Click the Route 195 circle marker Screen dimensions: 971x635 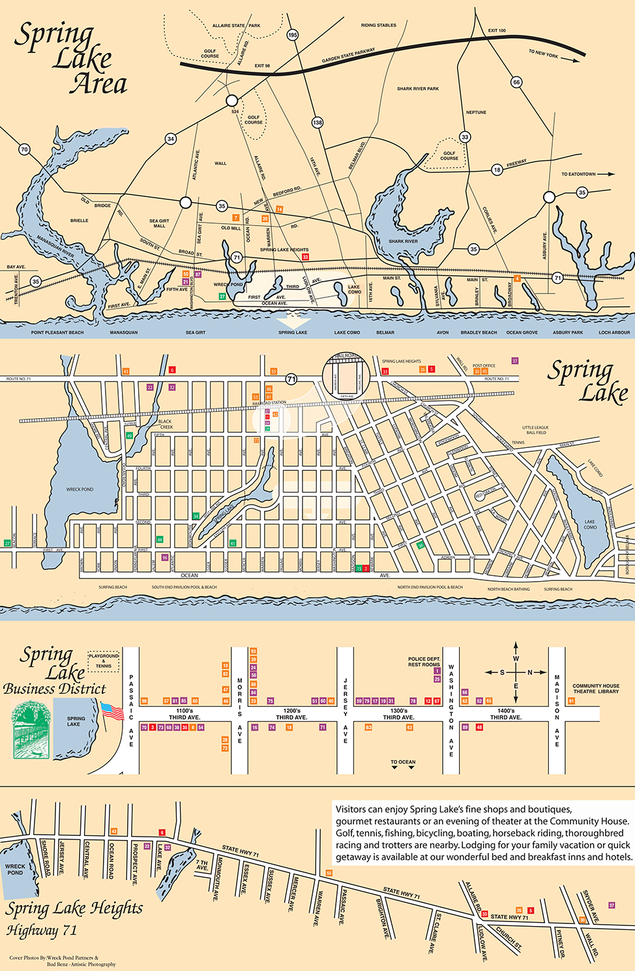tap(293, 35)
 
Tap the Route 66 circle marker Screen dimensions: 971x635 tap(516, 82)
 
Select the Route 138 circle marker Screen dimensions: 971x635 tap(317, 123)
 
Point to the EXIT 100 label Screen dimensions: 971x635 tap(497, 31)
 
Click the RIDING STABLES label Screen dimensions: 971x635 tap(378, 25)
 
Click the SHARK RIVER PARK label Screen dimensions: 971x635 tap(418, 89)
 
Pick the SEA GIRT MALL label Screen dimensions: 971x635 tap(159, 223)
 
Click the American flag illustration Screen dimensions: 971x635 tap(111, 711)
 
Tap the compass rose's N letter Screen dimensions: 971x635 tap(529, 672)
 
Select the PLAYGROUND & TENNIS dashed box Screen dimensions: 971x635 tap(104, 661)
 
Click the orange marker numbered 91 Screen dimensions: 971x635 tap(571, 701)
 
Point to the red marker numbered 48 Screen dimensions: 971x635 tap(479, 727)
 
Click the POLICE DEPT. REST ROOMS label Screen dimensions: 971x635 tap(424, 662)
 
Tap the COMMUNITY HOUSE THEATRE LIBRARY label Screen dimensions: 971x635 tap(595, 689)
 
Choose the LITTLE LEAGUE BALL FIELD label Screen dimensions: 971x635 tap(535, 430)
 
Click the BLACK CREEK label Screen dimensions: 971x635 tap(166, 424)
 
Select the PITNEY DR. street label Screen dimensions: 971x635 tap(560, 944)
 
